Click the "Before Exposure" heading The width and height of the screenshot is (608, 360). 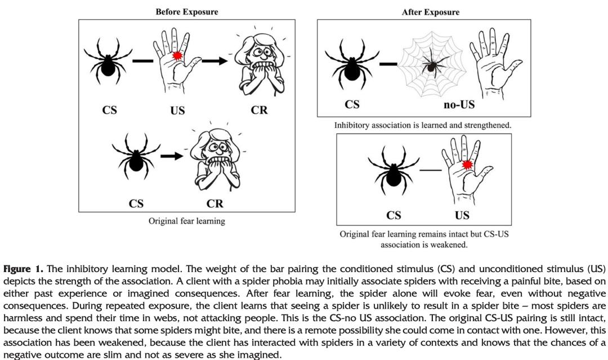[x=187, y=11]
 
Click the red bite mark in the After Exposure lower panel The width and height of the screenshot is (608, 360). [x=467, y=165]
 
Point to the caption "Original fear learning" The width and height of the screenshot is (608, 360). [x=186, y=221]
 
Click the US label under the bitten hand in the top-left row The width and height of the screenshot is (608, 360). [x=177, y=110]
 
